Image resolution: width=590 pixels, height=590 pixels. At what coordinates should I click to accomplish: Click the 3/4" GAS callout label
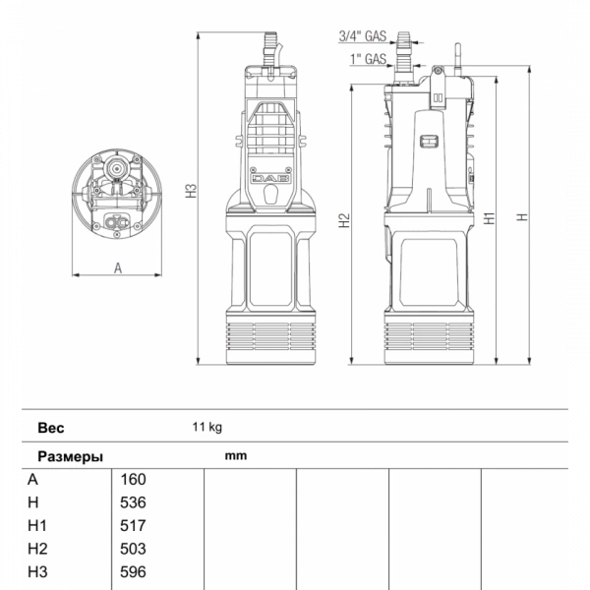[363, 36]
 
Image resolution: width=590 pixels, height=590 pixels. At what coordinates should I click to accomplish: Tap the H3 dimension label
[191, 191]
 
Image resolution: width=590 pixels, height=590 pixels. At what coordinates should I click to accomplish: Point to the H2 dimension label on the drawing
[344, 220]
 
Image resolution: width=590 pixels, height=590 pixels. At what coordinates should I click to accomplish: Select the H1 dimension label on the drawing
[489, 218]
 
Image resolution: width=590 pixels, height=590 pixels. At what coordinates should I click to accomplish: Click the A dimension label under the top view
[118, 268]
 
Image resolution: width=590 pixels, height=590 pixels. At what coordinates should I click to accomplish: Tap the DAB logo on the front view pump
[270, 178]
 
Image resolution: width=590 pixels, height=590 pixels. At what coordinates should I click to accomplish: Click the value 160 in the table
[133, 480]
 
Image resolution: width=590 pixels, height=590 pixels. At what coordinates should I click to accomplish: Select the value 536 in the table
[133, 502]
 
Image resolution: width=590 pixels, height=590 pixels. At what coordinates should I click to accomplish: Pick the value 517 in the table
[133, 526]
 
